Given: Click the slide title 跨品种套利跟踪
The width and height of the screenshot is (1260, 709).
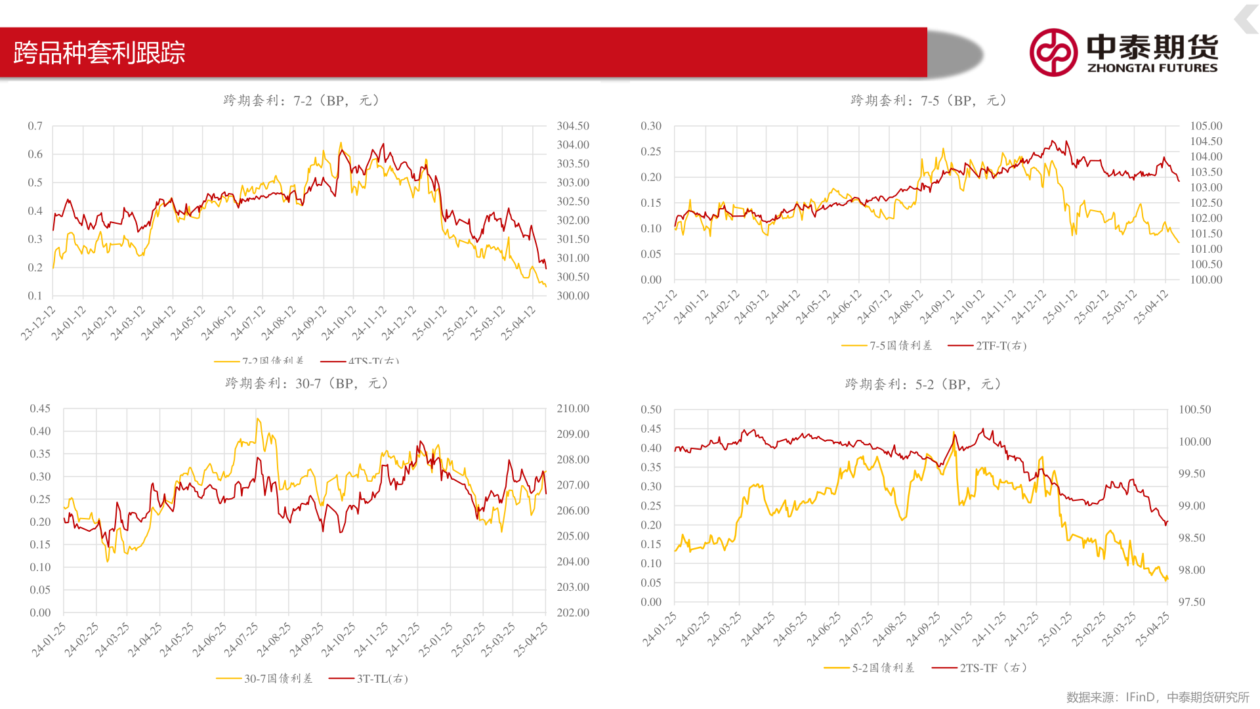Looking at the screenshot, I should tap(99, 53).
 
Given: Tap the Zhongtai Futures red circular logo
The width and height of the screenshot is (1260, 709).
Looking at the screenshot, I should tap(1053, 53).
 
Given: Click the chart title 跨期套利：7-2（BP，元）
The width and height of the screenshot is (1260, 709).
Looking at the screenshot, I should tap(301, 100).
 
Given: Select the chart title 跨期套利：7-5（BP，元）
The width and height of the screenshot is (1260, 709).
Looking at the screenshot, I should tap(929, 100).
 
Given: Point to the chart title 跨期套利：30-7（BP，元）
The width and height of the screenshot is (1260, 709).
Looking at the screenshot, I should tap(306, 383).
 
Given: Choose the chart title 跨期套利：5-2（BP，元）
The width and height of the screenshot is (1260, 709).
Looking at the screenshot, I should tap(923, 384).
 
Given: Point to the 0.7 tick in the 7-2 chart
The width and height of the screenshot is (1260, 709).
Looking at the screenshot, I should tap(35, 126).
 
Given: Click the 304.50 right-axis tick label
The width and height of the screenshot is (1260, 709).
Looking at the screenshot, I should tap(573, 126).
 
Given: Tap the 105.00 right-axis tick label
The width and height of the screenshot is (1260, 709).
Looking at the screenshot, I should tap(1206, 126).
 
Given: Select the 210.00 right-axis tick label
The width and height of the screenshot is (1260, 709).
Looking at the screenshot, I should tap(573, 408).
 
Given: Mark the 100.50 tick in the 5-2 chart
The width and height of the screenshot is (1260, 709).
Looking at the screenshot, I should tap(1194, 410).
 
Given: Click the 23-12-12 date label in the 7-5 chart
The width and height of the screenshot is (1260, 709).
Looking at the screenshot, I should tap(660, 307).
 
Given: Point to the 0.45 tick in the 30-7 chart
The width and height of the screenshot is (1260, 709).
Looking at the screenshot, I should tap(40, 408).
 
